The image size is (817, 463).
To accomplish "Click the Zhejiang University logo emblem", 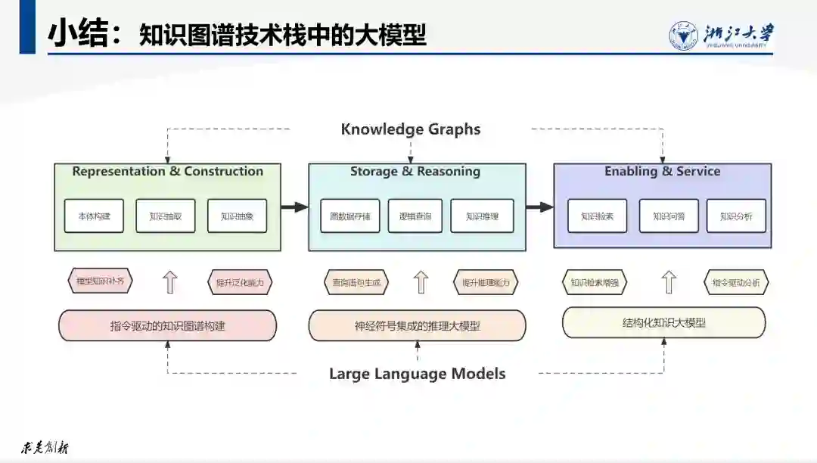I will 683,36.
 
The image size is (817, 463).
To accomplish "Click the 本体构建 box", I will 94,216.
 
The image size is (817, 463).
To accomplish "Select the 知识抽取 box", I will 165,216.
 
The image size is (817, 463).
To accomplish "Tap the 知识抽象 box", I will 237,216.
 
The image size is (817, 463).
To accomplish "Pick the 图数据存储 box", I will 349,216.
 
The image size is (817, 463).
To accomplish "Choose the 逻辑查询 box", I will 415,216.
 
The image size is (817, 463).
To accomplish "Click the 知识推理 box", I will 482,216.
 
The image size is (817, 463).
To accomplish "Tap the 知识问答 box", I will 669,216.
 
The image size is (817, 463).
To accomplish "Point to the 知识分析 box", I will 736,216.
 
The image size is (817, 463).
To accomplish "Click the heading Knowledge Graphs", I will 410,129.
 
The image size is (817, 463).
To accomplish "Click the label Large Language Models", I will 417,374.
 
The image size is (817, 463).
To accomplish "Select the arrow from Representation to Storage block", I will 294,206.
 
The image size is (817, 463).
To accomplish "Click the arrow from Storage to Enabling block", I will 539,206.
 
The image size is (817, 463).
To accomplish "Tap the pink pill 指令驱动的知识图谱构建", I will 167,326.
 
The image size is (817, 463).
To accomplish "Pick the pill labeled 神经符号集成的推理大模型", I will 417,326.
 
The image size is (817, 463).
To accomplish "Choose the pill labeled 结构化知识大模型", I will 663,322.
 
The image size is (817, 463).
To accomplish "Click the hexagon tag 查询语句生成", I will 356,283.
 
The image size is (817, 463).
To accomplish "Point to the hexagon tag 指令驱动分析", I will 736,283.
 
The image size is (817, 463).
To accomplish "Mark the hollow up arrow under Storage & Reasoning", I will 421,282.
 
